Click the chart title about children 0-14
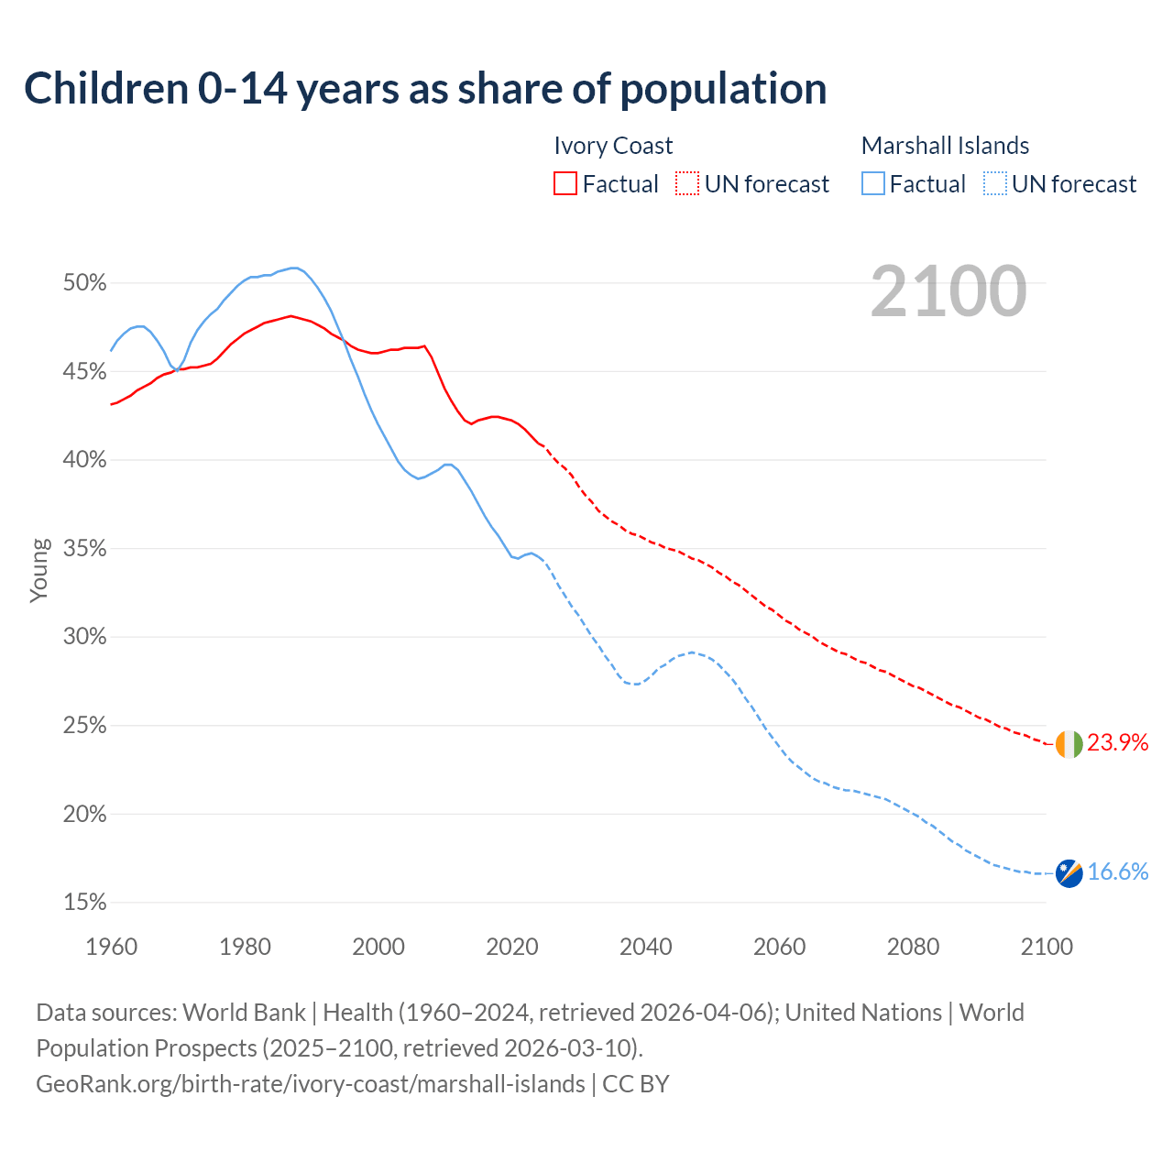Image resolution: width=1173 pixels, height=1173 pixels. click(x=425, y=89)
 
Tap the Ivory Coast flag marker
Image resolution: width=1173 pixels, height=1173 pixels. click(x=1069, y=744)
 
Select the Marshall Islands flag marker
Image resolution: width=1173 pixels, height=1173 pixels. click(x=1069, y=873)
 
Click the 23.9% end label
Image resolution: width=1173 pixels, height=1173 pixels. click(x=1117, y=743)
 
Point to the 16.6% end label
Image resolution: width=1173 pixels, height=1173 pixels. click(x=1117, y=872)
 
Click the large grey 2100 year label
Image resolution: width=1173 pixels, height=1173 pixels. click(x=948, y=291)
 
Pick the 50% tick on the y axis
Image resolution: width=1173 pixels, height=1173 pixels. click(x=85, y=283)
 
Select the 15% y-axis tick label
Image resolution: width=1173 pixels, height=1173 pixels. click(x=85, y=903)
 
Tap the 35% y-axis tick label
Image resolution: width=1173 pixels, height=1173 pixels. click(x=85, y=549)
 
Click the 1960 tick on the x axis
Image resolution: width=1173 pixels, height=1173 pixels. click(x=111, y=947)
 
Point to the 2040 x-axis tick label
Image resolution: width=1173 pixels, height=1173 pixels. click(x=645, y=947)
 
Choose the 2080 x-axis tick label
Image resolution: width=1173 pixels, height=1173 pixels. click(x=913, y=947)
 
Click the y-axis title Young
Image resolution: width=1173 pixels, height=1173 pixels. click(x=38, y=570)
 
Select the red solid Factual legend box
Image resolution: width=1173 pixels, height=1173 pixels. click(x=565, y=184)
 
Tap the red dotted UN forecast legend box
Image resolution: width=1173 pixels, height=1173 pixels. click(x=687, y=184)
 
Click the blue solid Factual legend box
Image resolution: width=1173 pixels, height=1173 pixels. click(x=873, y=184)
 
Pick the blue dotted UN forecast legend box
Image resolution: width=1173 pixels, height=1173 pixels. click(x=995, y=184)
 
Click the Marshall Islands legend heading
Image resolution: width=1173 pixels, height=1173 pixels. click(x=945, y=146)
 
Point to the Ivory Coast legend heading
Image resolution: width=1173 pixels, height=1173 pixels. click(x=613, y=146)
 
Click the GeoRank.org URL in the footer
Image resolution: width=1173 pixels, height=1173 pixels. click(x=310, y=1084)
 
